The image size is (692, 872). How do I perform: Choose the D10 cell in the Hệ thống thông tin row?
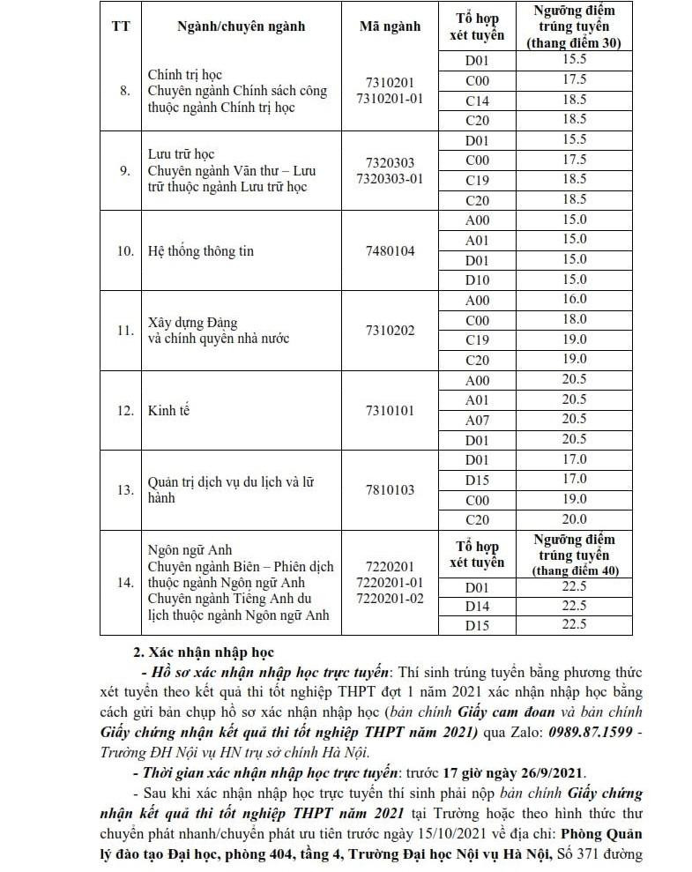[x=476, y=279]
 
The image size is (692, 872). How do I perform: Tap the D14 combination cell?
[x=476, y=606]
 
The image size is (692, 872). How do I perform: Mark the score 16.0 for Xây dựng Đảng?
[x=574, y=300]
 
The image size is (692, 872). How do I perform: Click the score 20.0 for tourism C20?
[x=574, y=519]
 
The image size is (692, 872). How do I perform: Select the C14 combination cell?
[x=476, y=100]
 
